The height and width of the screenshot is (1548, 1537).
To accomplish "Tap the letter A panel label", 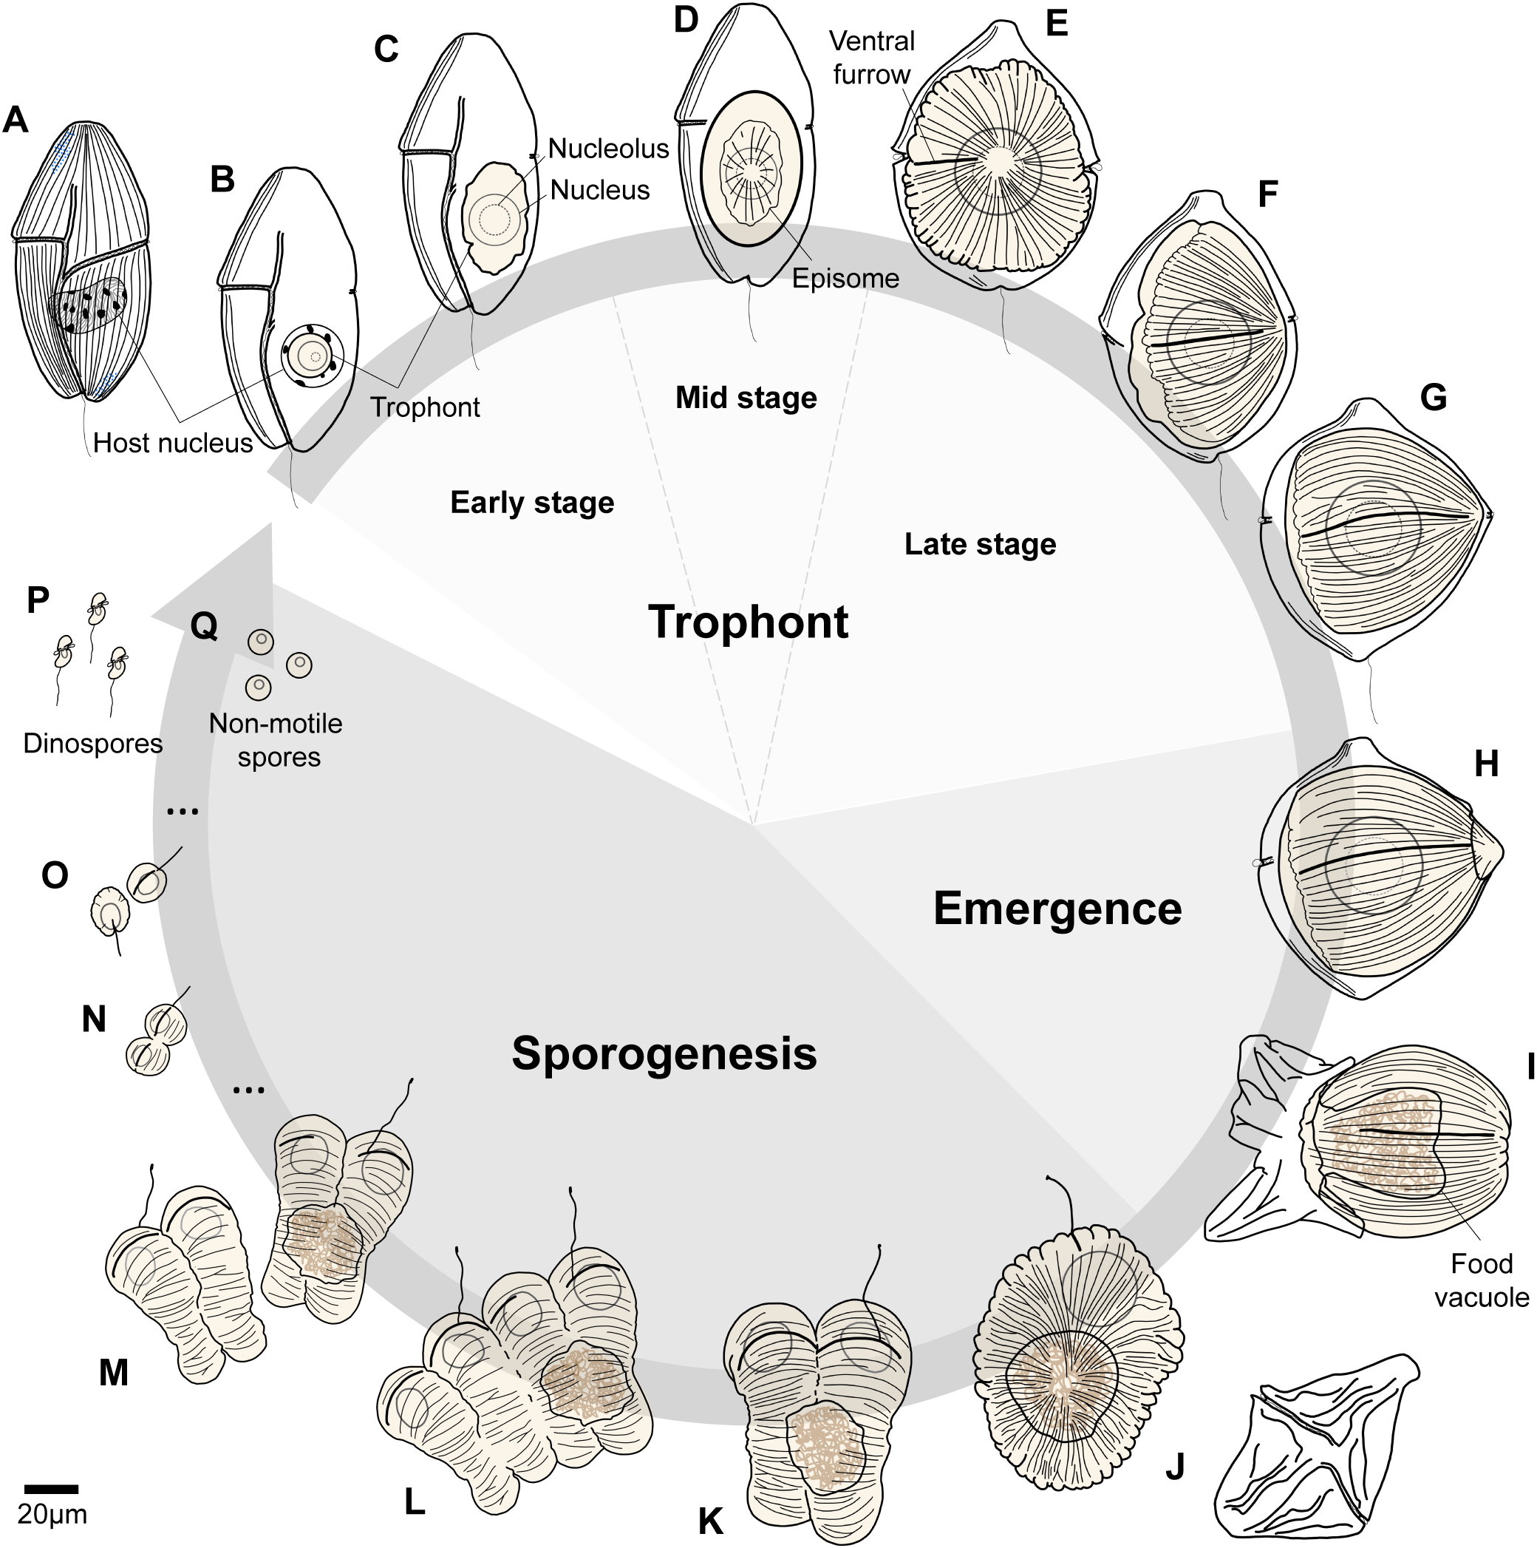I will tap(16, 121).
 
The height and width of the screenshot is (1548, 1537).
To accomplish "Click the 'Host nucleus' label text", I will tap(172, 443).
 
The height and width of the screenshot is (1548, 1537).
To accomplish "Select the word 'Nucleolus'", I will tap(608, 149).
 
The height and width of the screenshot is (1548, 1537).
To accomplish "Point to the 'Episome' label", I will tap(845, 279).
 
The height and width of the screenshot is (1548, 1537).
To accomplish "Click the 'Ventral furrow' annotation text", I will tap(871, 58).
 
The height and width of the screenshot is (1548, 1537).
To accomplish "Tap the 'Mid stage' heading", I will tap(746, 398).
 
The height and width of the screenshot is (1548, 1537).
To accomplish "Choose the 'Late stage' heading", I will tap(980, 545).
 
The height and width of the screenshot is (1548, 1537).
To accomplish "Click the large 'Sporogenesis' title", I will tap(664, 1053).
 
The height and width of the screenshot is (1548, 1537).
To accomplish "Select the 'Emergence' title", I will tap(1057, 909).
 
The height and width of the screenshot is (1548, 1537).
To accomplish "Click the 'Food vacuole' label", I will tap(1481, 1280).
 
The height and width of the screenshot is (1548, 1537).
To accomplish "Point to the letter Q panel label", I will tap(204, 625).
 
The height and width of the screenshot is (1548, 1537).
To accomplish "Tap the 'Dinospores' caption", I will tap(92, 744).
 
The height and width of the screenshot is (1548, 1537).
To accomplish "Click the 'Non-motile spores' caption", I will tap(276, 740).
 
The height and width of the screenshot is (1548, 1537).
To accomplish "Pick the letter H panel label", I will tap(1486, 764).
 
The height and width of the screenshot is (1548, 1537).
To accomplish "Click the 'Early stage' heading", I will tap(532, 503).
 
